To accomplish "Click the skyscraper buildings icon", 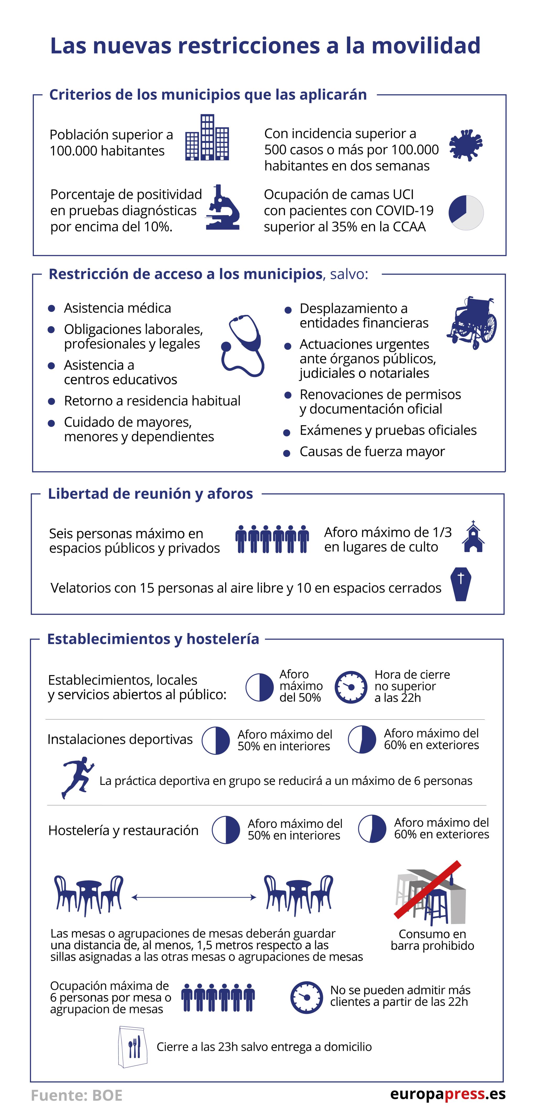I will (x=207, y=138).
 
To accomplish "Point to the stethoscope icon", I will (x=243, y=345).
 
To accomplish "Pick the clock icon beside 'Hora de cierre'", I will (x=351, y=687).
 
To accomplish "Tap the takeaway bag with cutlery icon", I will (x=132, y=1047).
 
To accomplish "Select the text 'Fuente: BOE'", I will (x=77, y=1095).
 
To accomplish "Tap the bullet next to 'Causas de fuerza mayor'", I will (x=286, y=453).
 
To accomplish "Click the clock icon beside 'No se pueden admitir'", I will (x=306, y=997).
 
